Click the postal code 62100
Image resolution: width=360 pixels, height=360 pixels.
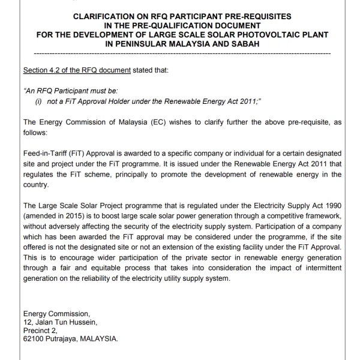tap(34, 339)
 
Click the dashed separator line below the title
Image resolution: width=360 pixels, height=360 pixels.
tap(180, 53)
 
